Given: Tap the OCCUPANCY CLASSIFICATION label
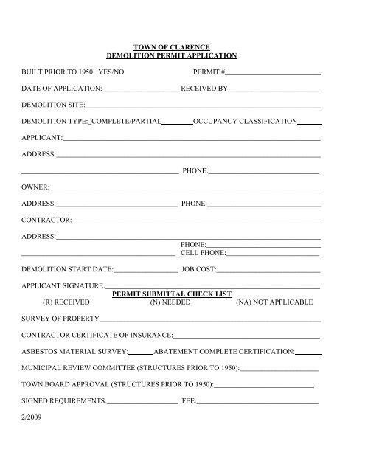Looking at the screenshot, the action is point(246,121).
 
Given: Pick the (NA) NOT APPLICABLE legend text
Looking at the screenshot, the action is point(274,302).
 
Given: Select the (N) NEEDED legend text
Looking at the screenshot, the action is point(170,302).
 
